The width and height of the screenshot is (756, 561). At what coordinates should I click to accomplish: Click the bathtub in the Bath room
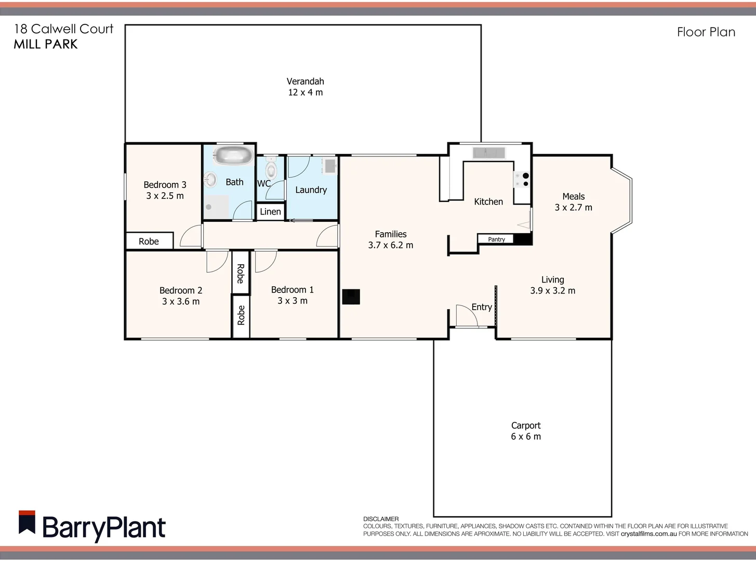point(233,155)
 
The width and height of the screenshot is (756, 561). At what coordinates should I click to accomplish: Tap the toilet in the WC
point(270,169)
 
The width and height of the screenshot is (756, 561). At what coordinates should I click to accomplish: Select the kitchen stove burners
point(522,180)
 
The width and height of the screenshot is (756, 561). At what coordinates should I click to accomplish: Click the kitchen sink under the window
point(488,152)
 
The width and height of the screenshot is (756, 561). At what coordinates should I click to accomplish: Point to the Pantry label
point(496,239)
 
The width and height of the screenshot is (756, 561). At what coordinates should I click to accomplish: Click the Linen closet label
point(270,211)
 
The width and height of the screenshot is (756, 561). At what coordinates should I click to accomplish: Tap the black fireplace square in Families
point(351,297)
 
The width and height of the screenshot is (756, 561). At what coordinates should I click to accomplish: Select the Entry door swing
point(466,315)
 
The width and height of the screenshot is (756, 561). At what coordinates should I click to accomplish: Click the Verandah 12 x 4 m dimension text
point(305,92)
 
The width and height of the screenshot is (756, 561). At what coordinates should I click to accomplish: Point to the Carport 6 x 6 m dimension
point(526,437)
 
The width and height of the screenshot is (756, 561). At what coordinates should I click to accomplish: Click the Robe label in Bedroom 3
point(149,241)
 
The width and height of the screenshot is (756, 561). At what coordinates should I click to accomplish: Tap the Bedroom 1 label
point(292,290)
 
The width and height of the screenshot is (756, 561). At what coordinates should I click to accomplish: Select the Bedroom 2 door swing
point(217,261)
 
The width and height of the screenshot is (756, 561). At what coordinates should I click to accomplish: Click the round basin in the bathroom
point(210,180)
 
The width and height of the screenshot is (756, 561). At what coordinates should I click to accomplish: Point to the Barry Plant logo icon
point(27,523)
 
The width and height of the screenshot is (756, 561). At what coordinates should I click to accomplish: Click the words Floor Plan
point(706,32)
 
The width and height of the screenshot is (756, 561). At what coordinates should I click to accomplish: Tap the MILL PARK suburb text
point(46,45)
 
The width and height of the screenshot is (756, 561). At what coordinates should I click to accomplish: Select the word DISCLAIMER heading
point(381,519)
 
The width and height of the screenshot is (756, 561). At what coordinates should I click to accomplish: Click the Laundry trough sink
point(329,166)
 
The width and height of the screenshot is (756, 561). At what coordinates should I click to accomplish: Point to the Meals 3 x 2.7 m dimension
point(573,207)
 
